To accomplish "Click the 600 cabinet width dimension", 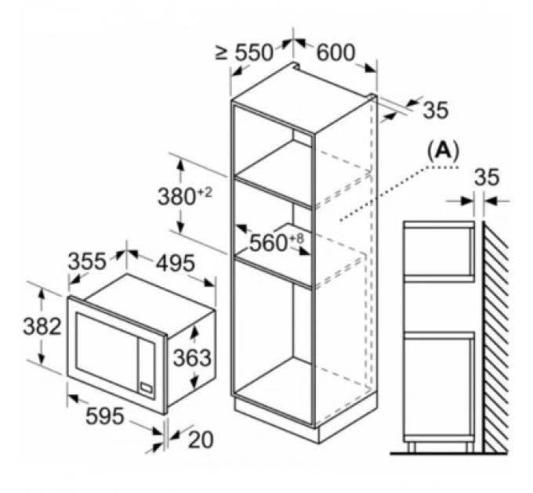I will (x=335, y=52).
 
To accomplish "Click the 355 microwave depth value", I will (x=85, y=262).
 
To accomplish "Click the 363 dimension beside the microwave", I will (x=192, y=358).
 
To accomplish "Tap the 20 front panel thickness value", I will (x=201, y=441).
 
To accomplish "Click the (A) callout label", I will (x=443, y=151).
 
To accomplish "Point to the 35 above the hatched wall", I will (x=487, y=178).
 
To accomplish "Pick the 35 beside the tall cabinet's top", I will (x=435, y=110).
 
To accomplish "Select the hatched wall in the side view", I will (x=495, y=336).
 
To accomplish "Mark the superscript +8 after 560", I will (x=296, y=237).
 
